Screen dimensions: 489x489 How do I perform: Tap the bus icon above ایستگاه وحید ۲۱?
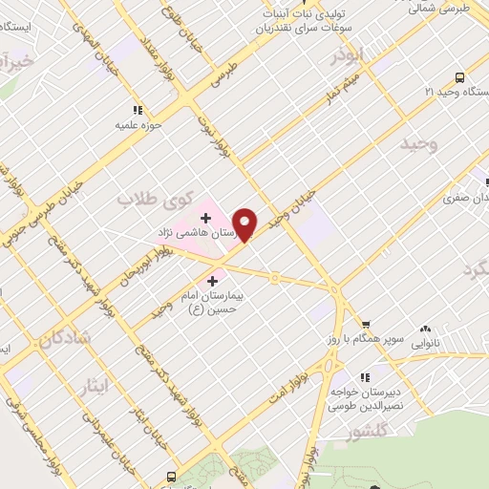(459, 78)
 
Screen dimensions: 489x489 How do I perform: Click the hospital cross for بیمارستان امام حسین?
(212, 281)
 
